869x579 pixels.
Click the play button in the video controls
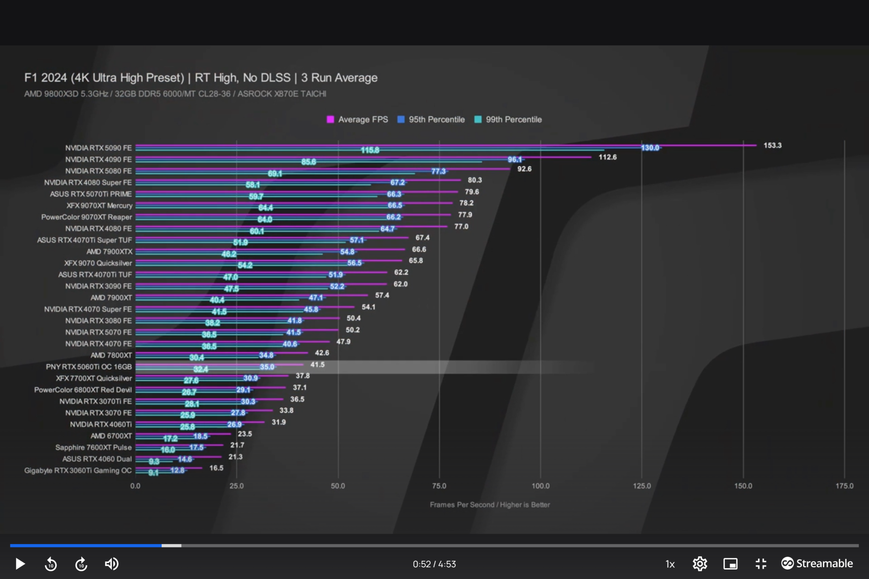[20, 564]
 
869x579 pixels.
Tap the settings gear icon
[700, 564]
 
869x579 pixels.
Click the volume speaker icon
[111, 564]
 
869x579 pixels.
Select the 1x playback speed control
[670, 564]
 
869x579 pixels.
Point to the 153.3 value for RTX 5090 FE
[772, 145]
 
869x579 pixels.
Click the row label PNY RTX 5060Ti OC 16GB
[89, 366]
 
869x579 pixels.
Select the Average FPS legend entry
[358, 119]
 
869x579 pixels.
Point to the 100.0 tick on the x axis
[540, 486]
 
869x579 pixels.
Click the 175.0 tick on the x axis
[844, 486]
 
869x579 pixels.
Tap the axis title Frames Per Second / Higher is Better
[490, 504]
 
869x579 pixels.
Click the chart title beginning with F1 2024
[201, 78]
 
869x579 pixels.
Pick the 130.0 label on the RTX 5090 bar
[650, 148]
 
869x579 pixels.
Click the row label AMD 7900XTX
[110, 252]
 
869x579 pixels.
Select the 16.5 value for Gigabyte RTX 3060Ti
[216, 468]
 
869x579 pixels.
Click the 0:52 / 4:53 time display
[434, 564]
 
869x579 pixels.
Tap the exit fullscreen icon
[761, 564]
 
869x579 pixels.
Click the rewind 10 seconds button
[51, 564]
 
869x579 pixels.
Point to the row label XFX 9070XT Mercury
[100, 205]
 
